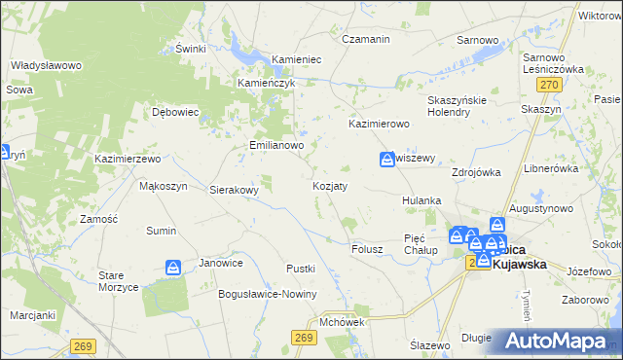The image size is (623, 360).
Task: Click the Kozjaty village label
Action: point(330,185)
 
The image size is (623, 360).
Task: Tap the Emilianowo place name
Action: point(276,145)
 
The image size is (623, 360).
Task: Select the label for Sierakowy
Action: point(235,191)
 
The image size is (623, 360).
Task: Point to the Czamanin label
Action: point(366,39)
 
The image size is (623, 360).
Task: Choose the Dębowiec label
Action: point(175,112)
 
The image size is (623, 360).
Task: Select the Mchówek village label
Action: point(341,321)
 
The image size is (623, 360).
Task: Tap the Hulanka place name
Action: point(422,200)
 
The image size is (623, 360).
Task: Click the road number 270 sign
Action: point(549,87)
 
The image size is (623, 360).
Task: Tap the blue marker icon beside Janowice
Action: point(173,267)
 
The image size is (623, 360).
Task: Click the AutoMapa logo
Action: point(557,341)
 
